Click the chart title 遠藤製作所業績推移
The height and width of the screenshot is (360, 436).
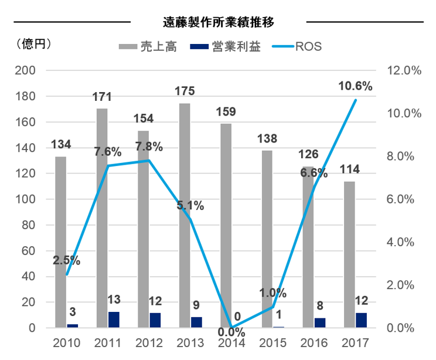click(x=218, y=22)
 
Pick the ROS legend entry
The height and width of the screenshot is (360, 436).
click(x=299, y=46)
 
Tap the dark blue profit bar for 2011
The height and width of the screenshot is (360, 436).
click(x=113, y=320)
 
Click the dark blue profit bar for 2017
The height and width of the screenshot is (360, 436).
click(x=362, y=320)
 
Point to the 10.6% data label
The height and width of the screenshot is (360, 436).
click(x=355, y=87)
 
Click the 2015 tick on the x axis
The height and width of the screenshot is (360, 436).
click(x=273, y=342)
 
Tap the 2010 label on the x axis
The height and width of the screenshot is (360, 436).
click(x=66, y=342)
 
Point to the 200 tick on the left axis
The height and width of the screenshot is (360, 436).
click(x=29, y=70)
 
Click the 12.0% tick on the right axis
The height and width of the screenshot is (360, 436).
click(x=404, y=70)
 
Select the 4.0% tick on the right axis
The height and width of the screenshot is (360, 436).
click(x=401, y=242)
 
